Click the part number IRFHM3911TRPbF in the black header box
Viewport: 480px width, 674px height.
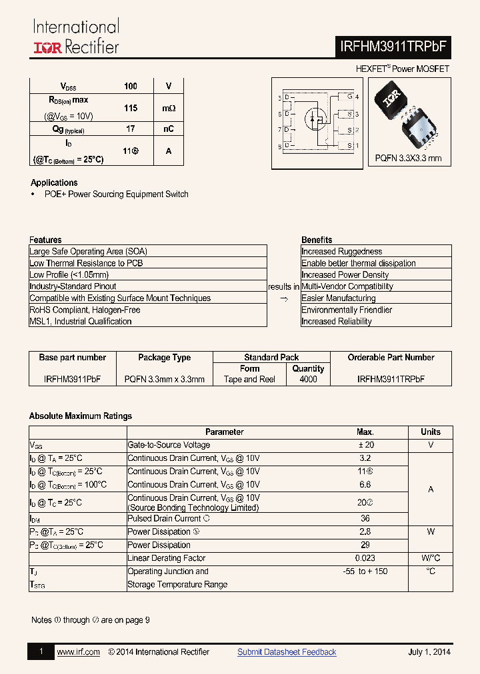pos(394,47)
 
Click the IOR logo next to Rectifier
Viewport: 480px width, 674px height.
pos(47,47)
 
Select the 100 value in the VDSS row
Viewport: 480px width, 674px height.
pos(131,86)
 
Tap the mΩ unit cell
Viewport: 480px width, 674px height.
pos(169,108)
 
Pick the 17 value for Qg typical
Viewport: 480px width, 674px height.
pos(131,129)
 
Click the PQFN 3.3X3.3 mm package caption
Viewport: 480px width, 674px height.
pos(408,159)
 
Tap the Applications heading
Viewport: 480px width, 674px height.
pos(54,182)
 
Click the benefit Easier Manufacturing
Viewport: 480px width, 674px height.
pos(338,298)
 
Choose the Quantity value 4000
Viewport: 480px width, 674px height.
pos(308,379)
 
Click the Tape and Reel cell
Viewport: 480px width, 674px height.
pos(249,379)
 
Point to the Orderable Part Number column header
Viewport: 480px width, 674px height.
pos(391,358)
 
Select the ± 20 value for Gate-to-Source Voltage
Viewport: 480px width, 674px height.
pos(365,445)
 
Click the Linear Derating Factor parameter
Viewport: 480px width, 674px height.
pos(166,558)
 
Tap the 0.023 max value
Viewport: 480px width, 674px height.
pos(365,558)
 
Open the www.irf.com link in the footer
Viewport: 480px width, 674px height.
pos(78,652)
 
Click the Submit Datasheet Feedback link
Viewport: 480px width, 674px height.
pos(287,652)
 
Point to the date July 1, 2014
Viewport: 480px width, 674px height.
pos(429,652)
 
